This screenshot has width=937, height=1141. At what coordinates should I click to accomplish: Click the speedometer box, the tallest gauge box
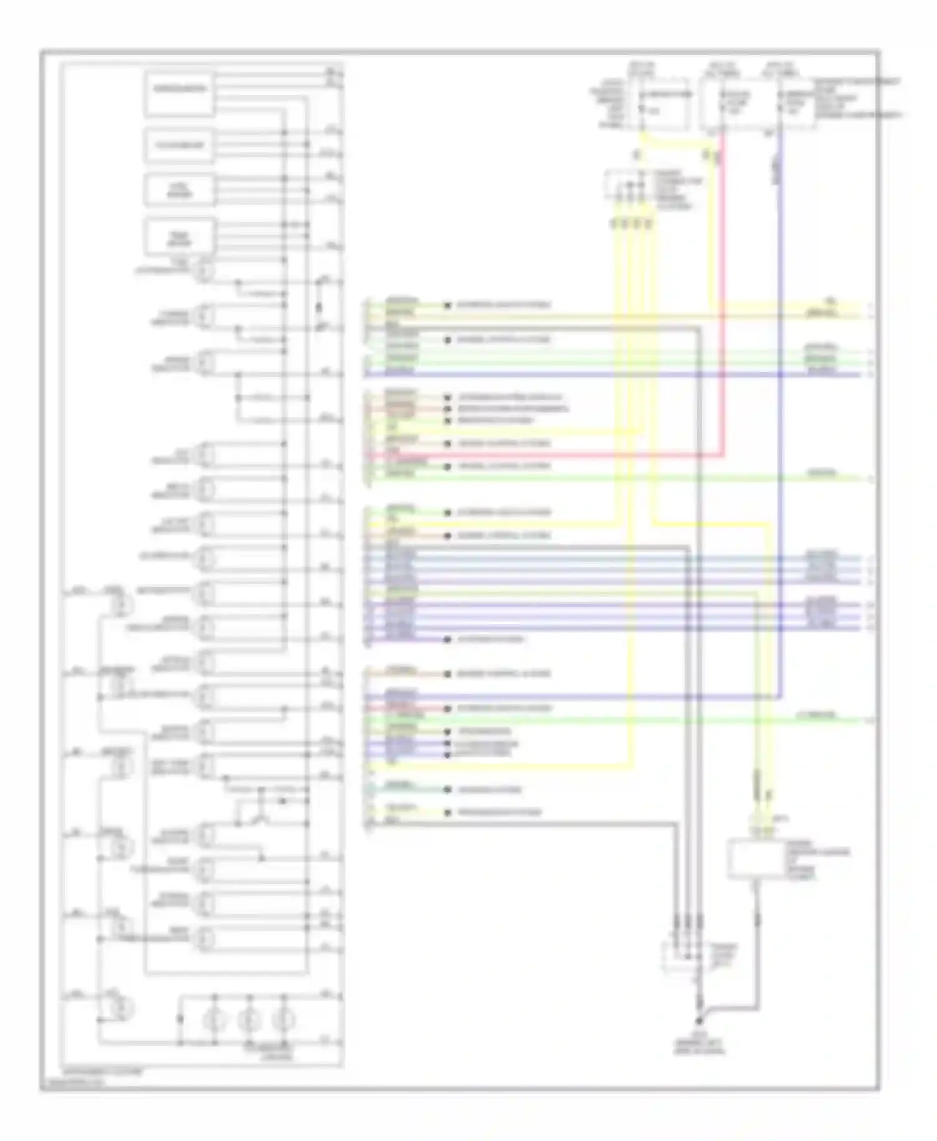tap(180, 94)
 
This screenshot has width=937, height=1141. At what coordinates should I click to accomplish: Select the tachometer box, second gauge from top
tap(180, 145)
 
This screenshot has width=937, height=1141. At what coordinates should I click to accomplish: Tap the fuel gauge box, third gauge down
tap(180, 190)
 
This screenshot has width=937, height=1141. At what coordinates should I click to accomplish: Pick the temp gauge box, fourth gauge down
tap(180, 237)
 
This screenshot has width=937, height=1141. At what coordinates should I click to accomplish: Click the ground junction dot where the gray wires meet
tap(699, 1021)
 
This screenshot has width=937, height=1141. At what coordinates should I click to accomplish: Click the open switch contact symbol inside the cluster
tap(259, 815)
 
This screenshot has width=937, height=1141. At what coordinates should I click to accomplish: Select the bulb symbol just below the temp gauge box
tap(205, 272)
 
